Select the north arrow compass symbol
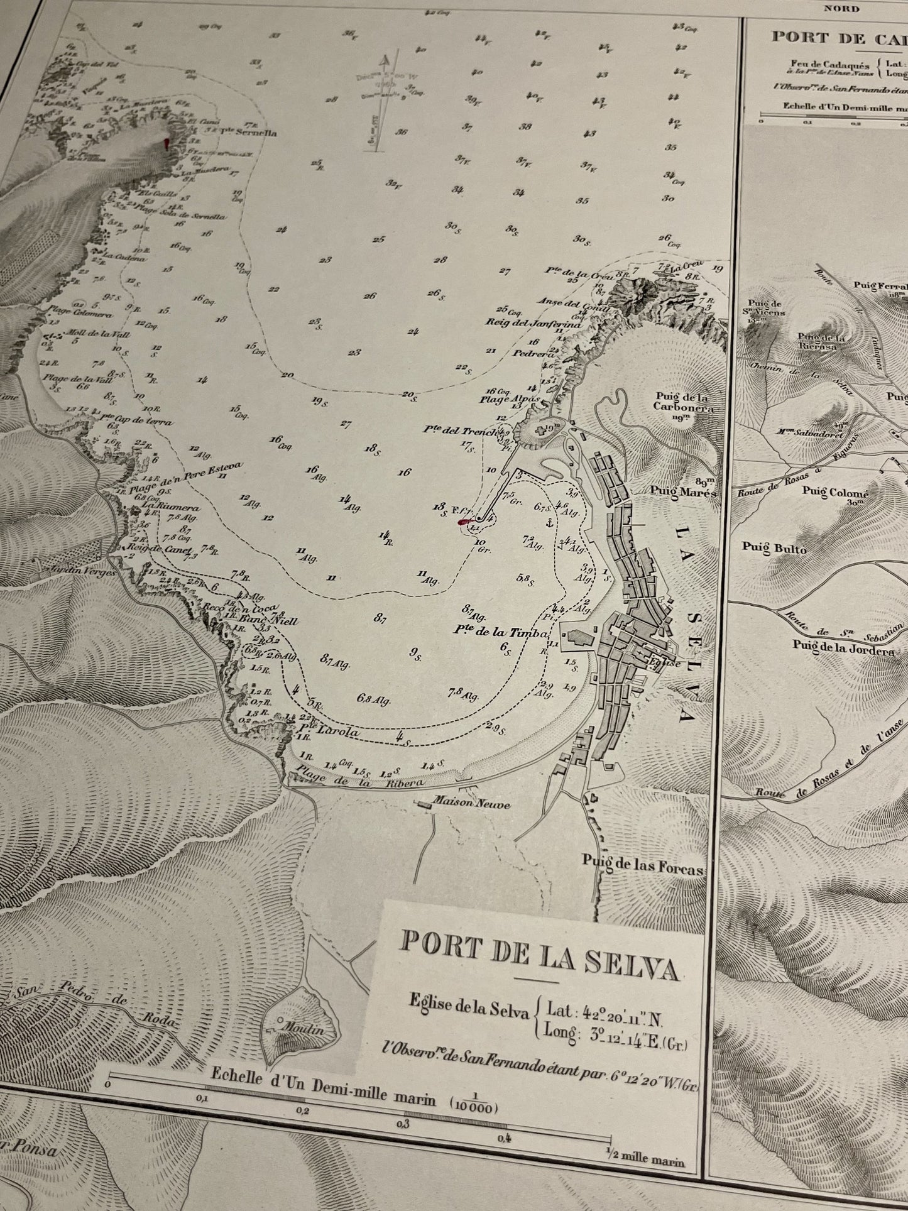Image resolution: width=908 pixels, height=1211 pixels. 385,101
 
